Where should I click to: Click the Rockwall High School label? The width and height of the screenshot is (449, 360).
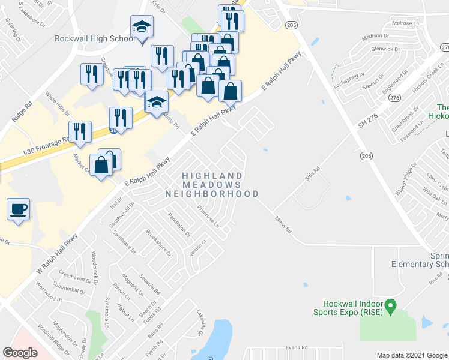pyautogui.click(x=95, y=38)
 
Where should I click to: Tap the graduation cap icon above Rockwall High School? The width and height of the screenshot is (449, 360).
pyautogui.click(x=142, y=27)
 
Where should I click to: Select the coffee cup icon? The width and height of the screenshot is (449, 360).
pyautogui.click(x=18, y=209)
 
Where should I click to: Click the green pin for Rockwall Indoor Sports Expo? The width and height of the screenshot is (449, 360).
pyautogui.click(x=390, y=307)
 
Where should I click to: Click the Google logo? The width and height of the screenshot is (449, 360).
pyautogui.click(x=20, y=353)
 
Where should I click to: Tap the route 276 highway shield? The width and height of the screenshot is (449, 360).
pyautogui.click(x=394, y=98)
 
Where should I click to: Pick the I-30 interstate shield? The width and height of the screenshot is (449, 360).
pyautogui.click(x=113, y=129)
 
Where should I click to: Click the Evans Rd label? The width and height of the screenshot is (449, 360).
pyautogui.click(x=297, y=347)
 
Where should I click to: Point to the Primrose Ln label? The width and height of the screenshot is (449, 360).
pyautogui.click(x=208, y=215)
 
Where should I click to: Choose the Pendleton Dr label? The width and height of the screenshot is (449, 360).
pyautogui.click(x=179, y=224)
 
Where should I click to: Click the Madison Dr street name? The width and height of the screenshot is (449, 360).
pyautogui.click(x=376, y=36)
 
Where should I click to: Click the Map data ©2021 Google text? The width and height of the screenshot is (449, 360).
pyautogui.click(x=411, y=355)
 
